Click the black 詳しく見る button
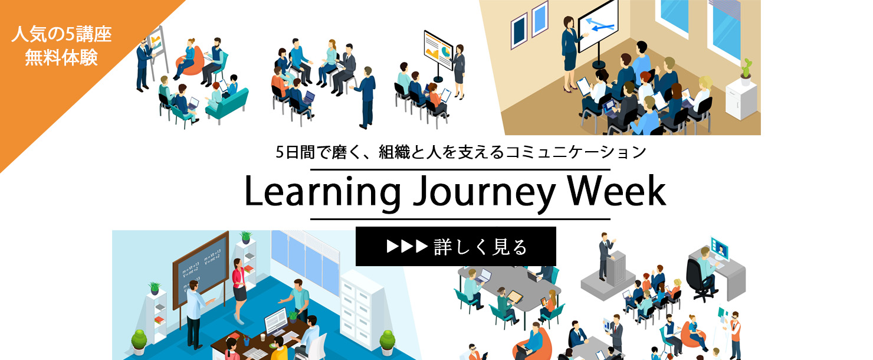click(455, 247)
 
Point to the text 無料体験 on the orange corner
click(61, 58)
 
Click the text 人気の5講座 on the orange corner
click(61, 35)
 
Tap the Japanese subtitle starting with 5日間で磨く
click(461, 152)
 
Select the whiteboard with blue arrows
click(598, 25)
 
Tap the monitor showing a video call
click(720, 247)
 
